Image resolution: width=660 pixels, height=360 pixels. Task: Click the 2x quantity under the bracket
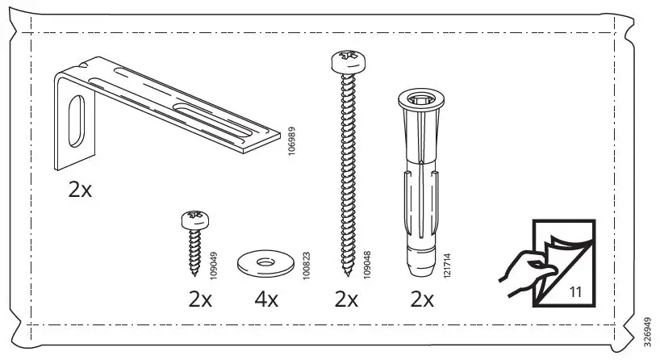coord(81,190)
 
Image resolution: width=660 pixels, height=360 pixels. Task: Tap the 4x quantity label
coord(265,300)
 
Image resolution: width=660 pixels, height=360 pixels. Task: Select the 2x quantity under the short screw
coord(199,300)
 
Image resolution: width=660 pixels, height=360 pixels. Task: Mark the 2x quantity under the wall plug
coord(420,300)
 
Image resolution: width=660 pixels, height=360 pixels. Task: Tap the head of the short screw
coord(194,218)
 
